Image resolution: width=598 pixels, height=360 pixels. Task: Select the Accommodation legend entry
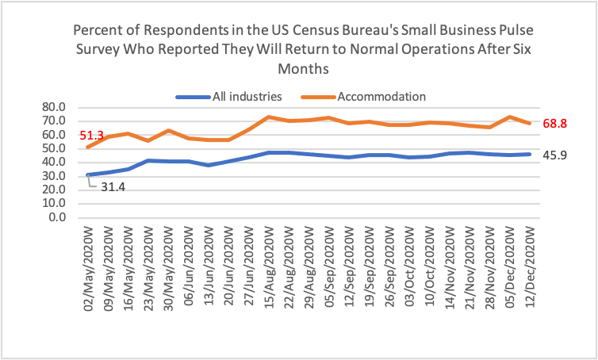(381, 97)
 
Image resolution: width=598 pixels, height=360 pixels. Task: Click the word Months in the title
(299, 70)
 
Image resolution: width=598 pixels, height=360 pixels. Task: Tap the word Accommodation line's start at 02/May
(88, 147)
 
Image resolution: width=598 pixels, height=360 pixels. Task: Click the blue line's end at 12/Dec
(530, 154)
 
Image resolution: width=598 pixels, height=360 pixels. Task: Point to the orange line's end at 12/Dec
(530, 123)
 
